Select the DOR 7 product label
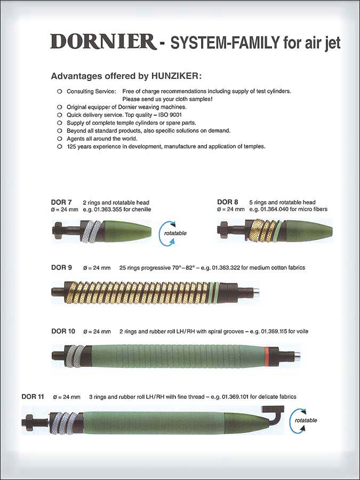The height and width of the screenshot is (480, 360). (x=61, y=203)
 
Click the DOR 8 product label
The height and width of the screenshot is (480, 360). (x=228, y=202)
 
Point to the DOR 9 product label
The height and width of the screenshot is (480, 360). (x=61, y=268)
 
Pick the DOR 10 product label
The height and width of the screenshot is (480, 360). (x=63, y=331)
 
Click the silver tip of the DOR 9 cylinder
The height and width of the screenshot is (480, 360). (x=256, y=292)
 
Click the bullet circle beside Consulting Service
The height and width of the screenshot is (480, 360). (x=59, y=92)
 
